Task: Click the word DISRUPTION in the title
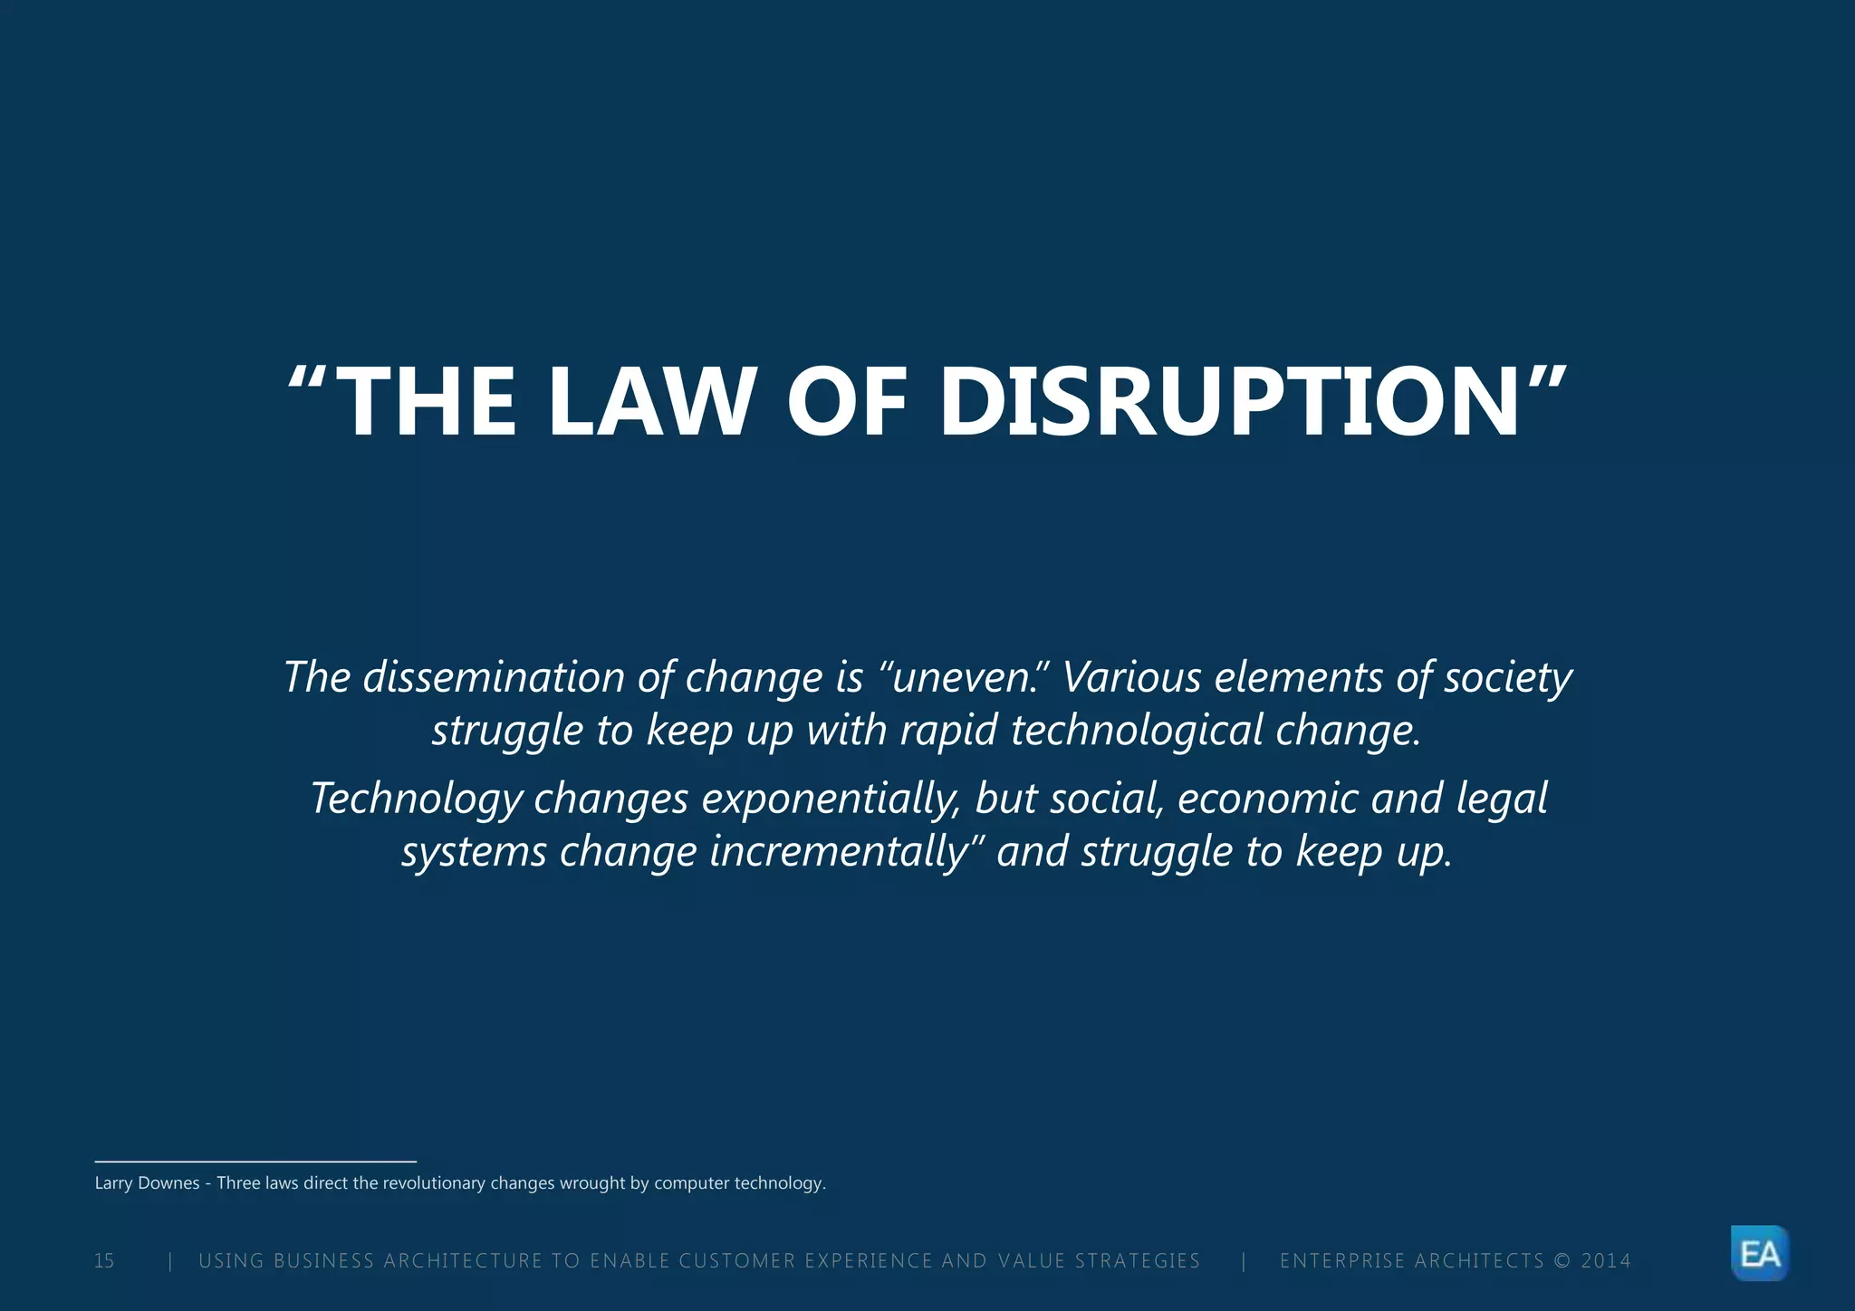coord(1229,403)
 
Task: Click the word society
coord(1507,677)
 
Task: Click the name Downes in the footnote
coord(168,1183)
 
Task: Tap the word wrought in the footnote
coord(592,1183)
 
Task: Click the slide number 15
coord(104,1261)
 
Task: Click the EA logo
coord(1760,1254)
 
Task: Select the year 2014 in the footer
coord(1605,1261)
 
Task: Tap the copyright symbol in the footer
coord(1562,1261)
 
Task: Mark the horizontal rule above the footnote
coord(255,1161)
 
